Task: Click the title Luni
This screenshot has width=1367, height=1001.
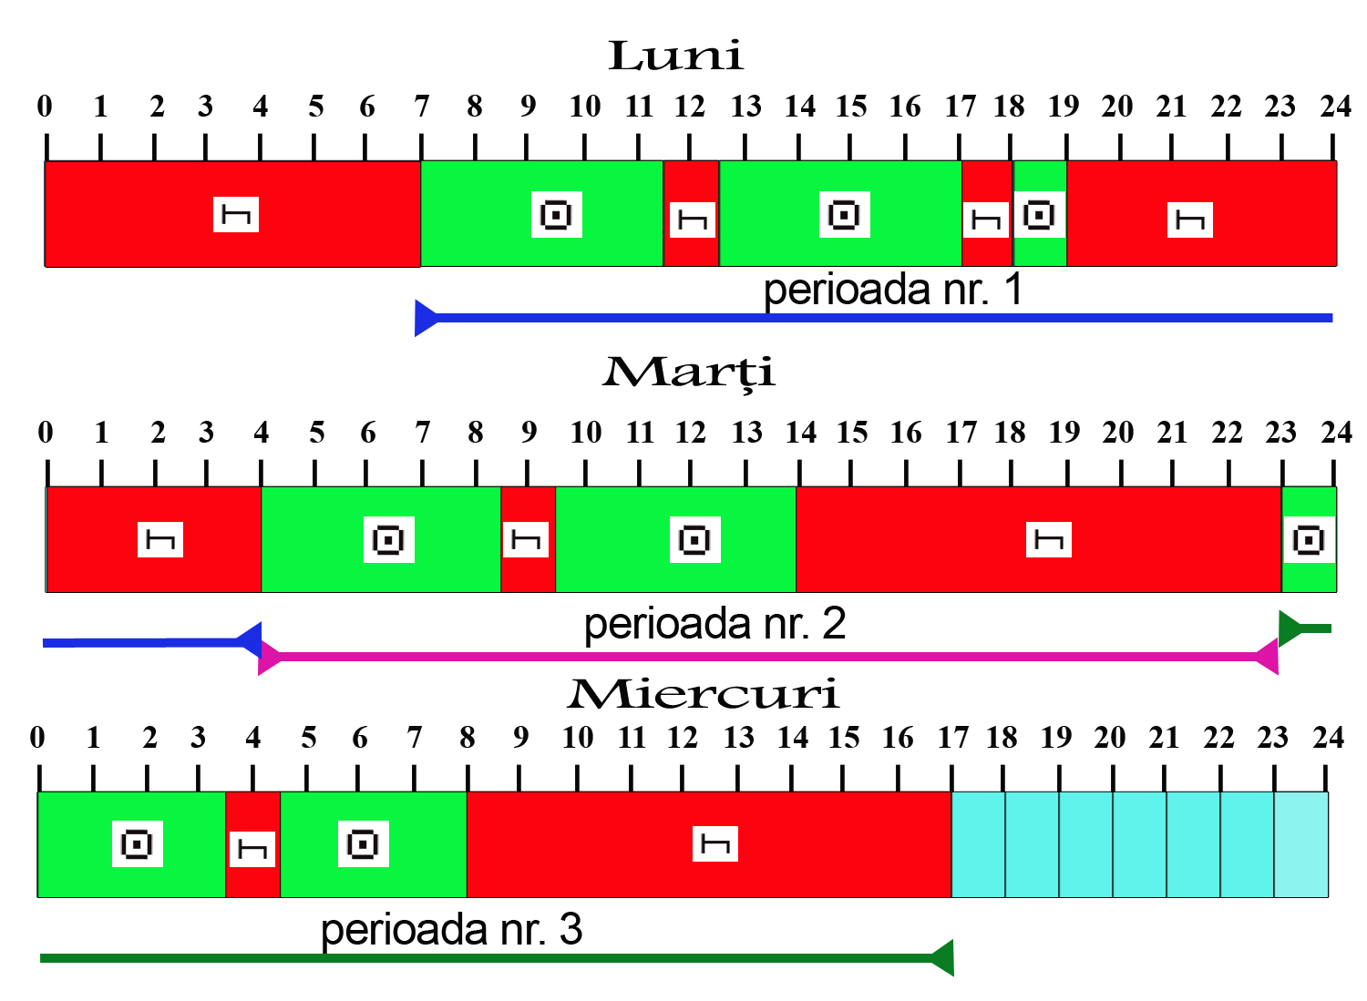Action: pos(675,56)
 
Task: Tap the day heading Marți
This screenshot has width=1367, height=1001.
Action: pos(689,373)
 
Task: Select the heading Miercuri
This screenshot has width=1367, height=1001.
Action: pos(703,694)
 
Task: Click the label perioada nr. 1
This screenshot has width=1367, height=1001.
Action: pos(893,290)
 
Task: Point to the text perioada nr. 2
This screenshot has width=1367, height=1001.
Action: pos(714,624)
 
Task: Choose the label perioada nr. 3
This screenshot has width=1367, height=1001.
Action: pos(451,930)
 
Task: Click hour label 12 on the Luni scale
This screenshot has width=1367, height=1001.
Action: pos(690,107)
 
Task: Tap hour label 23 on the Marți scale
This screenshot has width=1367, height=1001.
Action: pos(1280,433)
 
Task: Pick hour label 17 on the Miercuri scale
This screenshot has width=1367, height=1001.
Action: pos(952,738)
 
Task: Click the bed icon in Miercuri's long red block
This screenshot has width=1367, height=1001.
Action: pos(715,845)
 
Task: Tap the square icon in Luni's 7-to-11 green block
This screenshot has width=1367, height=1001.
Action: pos(556,215)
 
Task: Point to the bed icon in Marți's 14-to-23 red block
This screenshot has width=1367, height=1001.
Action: pos(1048,540)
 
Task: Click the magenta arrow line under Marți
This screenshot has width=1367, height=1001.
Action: pos(766,656)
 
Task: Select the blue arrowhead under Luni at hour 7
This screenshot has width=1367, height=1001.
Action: pos(426,318)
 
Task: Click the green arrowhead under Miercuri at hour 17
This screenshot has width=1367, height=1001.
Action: pos(942,958)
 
